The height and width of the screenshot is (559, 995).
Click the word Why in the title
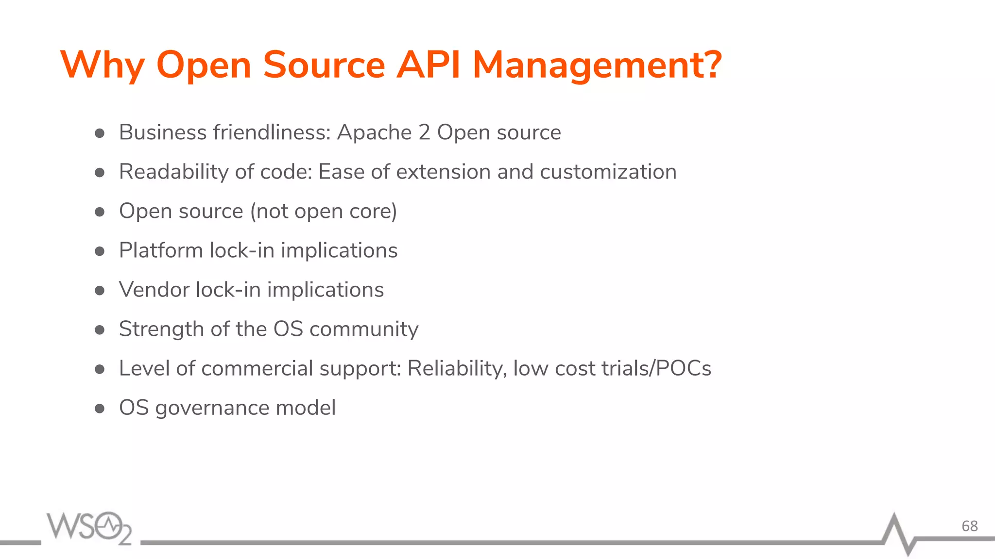click(102, 66)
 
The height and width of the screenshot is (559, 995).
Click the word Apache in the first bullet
click(375, 132)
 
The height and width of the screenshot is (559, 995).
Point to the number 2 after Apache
click(424, 132)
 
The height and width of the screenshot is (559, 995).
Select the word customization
click(608, 172)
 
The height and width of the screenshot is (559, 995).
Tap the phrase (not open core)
click(324, 212)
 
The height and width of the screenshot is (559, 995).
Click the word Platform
click(161, 250)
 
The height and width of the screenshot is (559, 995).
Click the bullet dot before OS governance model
click(100, 409)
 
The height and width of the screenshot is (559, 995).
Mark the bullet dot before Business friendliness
click(100, 133)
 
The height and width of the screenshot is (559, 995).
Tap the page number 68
click(969, 526)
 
